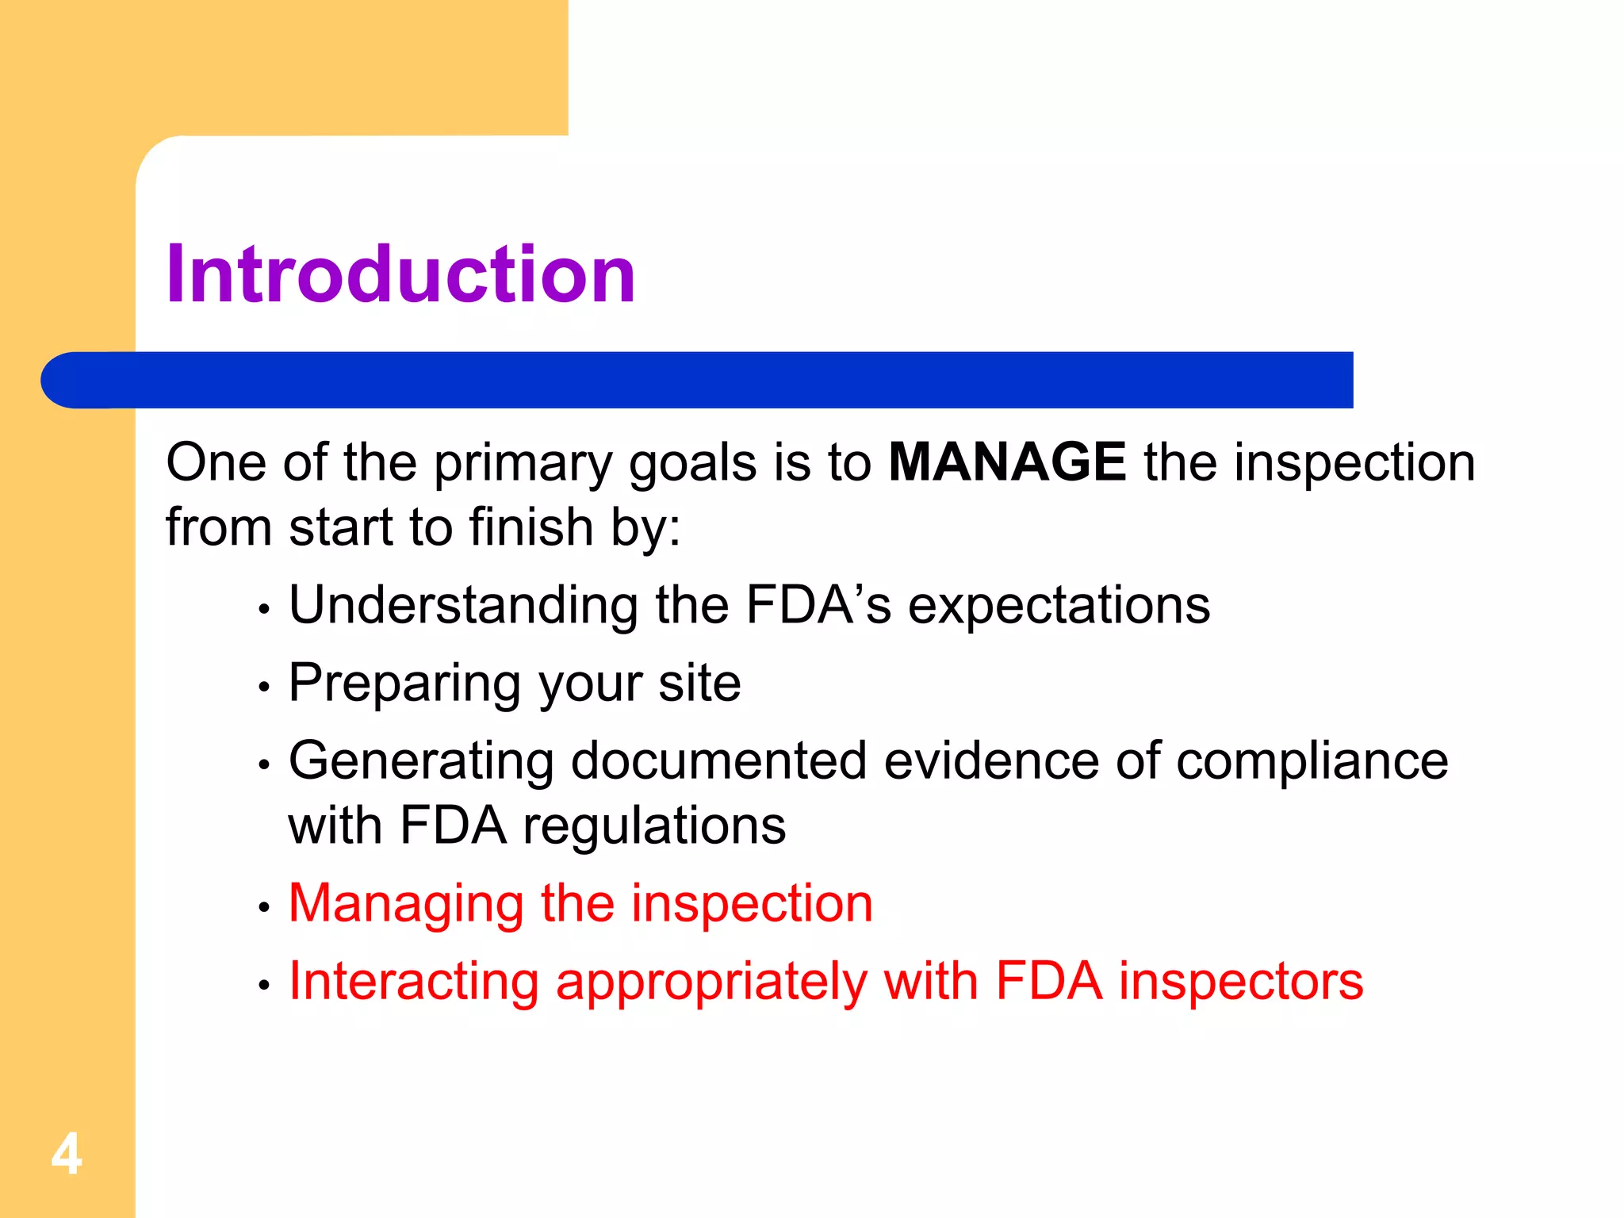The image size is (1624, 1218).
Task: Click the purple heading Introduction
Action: coord(400,274)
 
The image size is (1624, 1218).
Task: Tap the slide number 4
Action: coord(67,1155)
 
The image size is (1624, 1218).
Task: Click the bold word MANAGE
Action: coord(1006,462)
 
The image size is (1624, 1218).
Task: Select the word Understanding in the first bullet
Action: coord(463,606)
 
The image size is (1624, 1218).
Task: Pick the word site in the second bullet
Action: coord(699,684)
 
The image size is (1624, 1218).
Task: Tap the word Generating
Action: coord(420,762)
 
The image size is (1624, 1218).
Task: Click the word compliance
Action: coord(1312,762)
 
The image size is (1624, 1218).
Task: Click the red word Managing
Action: coord(406,905)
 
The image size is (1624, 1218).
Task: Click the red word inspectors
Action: coord(1240,982)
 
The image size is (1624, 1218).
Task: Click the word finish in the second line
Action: coord(530,527)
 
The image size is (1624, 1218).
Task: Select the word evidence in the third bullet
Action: coord(990,762)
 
